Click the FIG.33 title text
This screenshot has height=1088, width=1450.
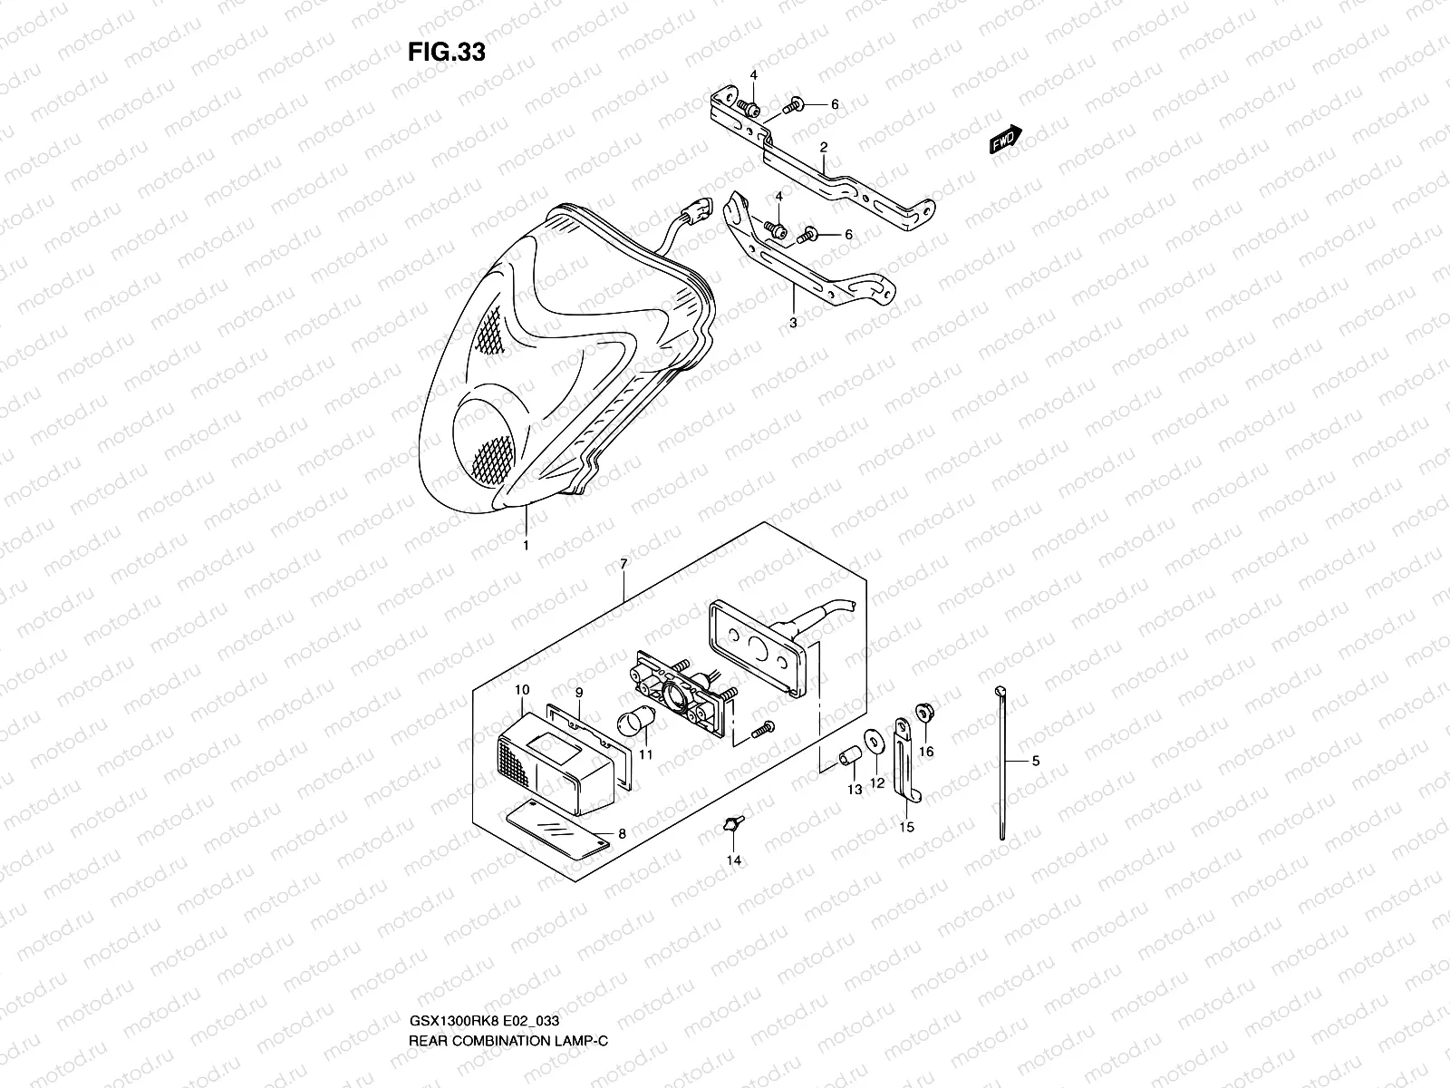click(446, 53)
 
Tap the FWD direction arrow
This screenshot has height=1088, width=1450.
click(1005, 140)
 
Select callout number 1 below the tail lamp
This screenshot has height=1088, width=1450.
click(525, 546)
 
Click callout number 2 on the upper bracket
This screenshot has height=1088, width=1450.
click(824, 146)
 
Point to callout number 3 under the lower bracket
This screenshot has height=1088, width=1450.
click(792, 322)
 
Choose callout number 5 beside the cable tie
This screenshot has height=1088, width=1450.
click(1036, 762)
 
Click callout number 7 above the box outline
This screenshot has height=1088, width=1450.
click(623, 565)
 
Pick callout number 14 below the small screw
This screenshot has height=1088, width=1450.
click(734, 860)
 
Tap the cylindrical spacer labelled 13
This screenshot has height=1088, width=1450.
click(848, 755)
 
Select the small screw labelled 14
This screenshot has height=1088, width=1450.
click(732, 824)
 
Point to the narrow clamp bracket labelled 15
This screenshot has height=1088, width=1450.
click(904, 762)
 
